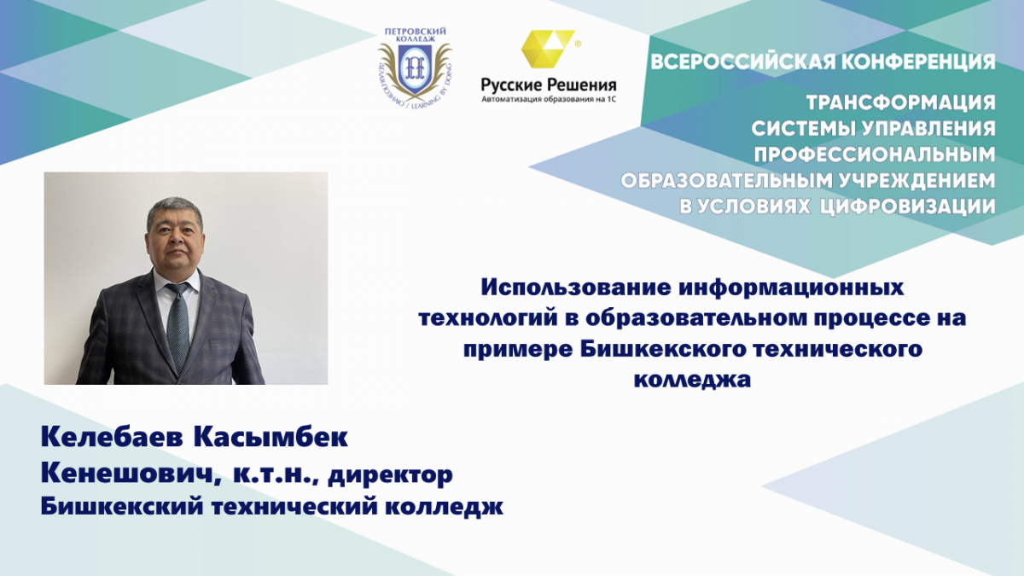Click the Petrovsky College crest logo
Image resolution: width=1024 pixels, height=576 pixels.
tap(415, 67)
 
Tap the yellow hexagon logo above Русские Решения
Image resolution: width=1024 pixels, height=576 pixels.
tap(549, 49)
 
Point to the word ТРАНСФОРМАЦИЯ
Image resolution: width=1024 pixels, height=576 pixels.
tap(900, 103)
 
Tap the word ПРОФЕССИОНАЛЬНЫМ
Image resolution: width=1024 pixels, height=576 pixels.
tap(875, 154)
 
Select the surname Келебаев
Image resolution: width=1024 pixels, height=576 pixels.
tap(112, 437)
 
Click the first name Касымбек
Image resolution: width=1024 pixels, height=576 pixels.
tap(271, 437)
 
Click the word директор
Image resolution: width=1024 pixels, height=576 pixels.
tap(391, 475)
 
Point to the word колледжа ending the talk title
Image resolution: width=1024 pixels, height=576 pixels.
tap(692, 381)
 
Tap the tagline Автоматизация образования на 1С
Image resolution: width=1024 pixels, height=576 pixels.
tap(549, 99)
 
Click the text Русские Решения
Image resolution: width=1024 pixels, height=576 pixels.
tap(549, 84)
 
